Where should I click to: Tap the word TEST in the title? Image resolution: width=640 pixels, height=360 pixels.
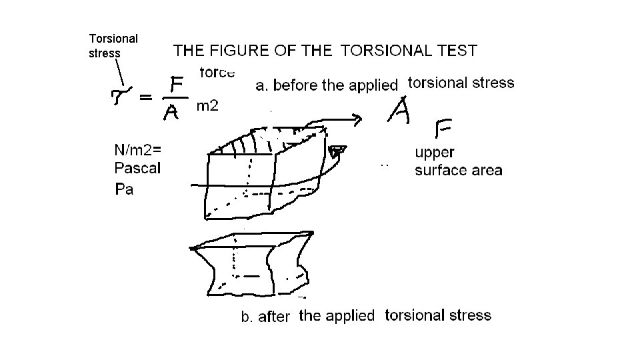[457, 51]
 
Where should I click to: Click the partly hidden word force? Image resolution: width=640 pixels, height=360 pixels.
[217, 72]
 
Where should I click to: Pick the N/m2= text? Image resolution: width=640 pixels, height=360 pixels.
[138, 151]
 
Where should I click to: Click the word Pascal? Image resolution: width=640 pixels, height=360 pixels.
[138, 168]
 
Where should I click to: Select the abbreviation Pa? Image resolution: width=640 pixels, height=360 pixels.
[124, 189]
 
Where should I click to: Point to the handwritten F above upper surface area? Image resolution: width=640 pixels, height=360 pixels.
[444, 128]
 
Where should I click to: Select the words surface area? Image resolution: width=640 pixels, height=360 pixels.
[459, 170]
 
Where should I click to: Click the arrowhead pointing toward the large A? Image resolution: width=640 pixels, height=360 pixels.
[357, 120]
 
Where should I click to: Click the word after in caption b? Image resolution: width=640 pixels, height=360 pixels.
[274, 317]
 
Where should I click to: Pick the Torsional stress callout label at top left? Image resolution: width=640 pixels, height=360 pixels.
[113, 45]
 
